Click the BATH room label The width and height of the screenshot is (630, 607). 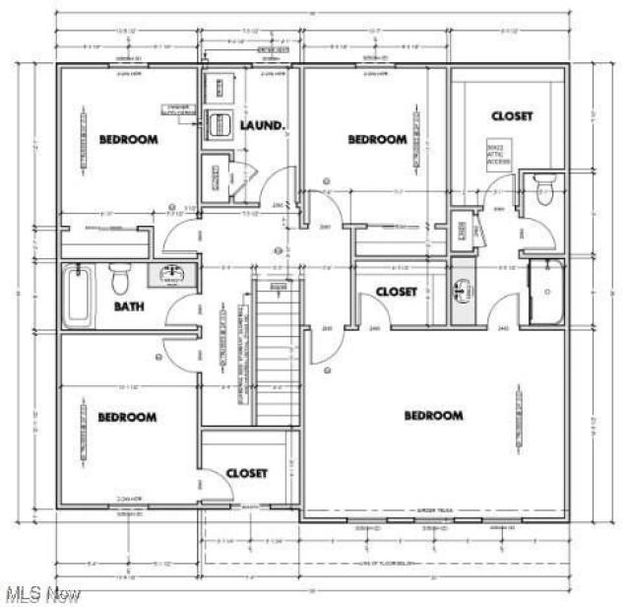pyautogui.click(x=128, y=306)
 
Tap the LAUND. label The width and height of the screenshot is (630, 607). pyautogui.click(x=263, y=126)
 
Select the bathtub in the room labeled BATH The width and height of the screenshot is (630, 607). pyautogui.click(x=77, y=295)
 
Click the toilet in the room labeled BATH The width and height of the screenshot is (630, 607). pyautogui.click(x=120, y=280)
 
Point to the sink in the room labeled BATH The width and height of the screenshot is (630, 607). pyautogui.click(x=172, y=274)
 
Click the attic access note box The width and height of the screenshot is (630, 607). pyautogui.click(x=501, y=155)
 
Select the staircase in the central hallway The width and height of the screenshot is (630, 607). pyautogui.click(x=277, y=351)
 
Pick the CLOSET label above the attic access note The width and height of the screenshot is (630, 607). pyautogui.click(x=512, y=116)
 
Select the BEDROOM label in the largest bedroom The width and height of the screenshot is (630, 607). pyautogui.click(x=433, y=416)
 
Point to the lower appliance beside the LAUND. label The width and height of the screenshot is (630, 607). pyautogui.click(x=219, y=125)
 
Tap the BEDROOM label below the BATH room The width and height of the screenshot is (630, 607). pyautogui.click(x=127, y=418)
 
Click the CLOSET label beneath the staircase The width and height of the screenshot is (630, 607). pyautogui.click(x=246, y=473)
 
